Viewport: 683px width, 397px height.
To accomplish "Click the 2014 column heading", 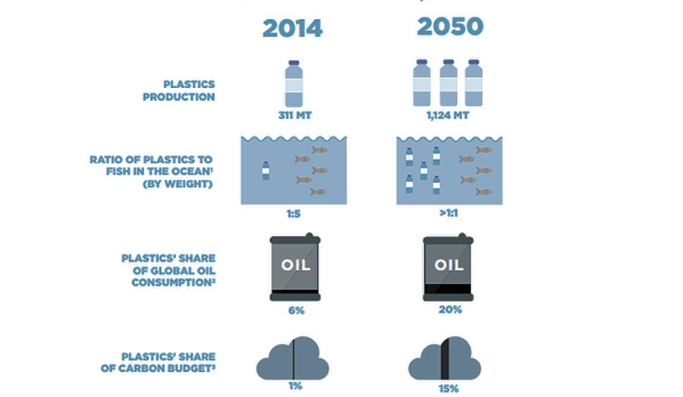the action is (292, 29).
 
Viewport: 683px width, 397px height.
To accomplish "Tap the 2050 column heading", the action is (450, 26).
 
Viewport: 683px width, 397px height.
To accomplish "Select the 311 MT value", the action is (295, 115).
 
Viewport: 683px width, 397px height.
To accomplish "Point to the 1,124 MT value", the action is (448, 115).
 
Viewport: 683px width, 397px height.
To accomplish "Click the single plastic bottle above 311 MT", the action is (294, 83).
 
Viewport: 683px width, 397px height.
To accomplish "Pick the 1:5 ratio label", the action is (294, 213).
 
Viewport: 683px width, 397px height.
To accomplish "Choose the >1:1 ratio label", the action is (449, 213).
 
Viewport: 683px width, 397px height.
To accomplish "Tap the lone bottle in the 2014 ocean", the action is (266, 170).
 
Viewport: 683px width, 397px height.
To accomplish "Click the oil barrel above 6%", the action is (295, 267).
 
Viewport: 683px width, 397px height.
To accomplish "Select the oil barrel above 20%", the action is (449, 267).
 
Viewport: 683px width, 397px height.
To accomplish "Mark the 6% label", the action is (296, 310).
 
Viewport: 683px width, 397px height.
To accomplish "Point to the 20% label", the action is (450, 310).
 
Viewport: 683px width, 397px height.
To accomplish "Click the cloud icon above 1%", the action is (293, 358).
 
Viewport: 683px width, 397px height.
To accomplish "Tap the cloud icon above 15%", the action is (445, 358).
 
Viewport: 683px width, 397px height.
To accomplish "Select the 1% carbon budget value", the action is (295, 386).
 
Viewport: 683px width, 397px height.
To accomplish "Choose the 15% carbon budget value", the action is (449, 389).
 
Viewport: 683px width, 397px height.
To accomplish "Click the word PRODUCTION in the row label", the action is (179, 96).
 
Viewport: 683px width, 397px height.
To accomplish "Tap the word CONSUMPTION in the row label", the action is (172, 282).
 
